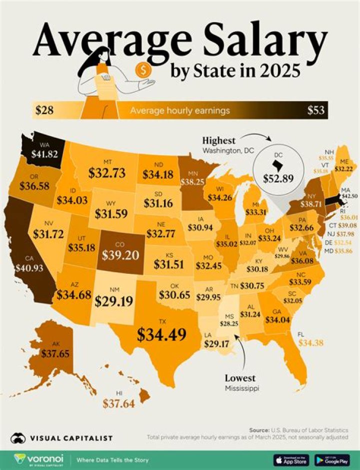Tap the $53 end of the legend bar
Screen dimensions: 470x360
315,110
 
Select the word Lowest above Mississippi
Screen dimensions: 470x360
240,378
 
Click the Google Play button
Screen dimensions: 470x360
332,459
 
